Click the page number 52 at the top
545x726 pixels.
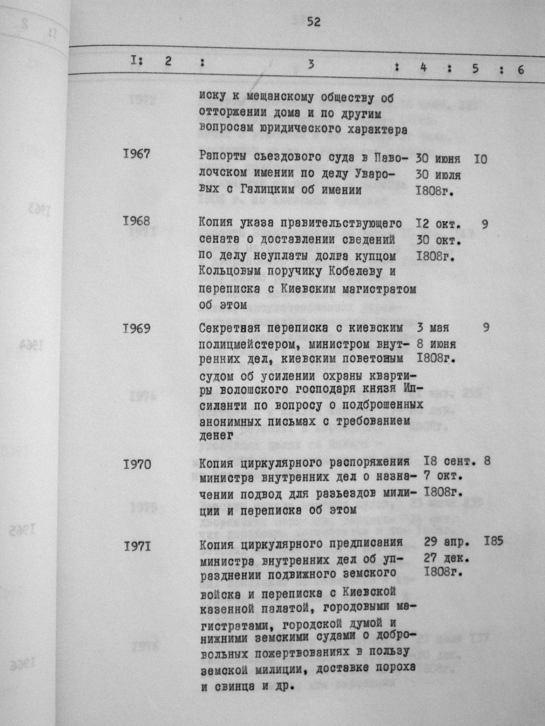[312, 21]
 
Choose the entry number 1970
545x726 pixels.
[137, 465]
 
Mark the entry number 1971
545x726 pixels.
[137, 546]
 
